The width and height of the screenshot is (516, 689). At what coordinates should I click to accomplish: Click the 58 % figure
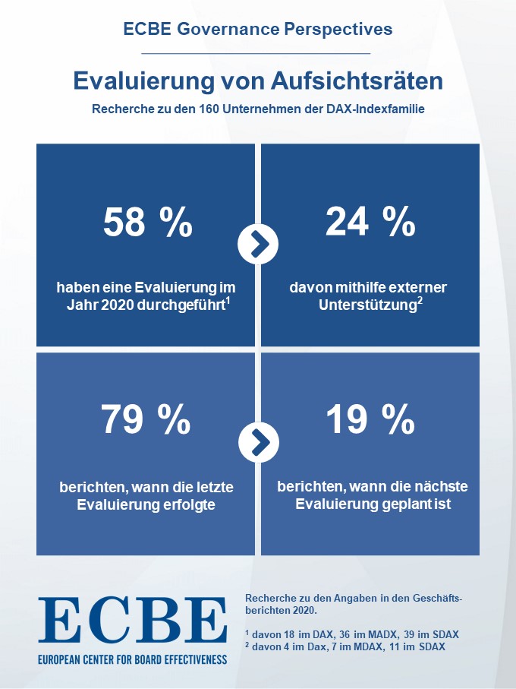click(x=148, y=222)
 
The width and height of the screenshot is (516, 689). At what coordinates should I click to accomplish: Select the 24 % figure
click(x=370, y=222)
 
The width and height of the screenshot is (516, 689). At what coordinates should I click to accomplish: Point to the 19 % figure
click(x=370, y=419)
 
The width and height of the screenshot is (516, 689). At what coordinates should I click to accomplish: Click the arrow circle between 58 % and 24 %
click(x=258, y=244)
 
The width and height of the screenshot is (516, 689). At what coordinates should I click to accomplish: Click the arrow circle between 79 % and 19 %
click(x=258, y=441)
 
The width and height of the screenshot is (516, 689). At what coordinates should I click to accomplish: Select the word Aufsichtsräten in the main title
click(x=360, y=80)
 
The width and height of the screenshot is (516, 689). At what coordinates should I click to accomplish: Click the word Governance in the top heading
click(x=222, y=30)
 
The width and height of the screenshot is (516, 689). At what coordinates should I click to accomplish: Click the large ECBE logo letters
click(x=132, y=621)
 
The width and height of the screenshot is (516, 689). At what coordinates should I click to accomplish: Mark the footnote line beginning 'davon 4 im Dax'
click(x=350, y=646)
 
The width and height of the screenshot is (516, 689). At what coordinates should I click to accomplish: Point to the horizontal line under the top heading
click(x=256, y=54)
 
